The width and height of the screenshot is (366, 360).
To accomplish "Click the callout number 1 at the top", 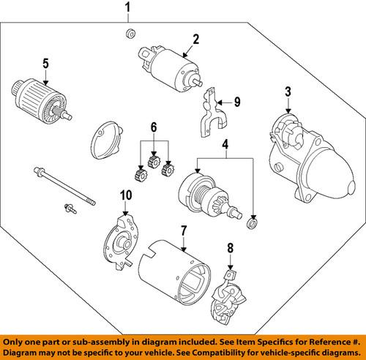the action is [x=128, y=7].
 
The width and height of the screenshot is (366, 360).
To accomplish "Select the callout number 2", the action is [x=196, y=40].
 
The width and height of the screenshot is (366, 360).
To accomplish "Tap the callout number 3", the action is [x=288, y=91].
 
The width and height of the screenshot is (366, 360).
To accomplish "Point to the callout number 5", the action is [x=45, y=64].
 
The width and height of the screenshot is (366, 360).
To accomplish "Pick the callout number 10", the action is [x=126, y=195].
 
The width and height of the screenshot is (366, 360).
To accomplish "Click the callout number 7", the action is [x=184, y=230].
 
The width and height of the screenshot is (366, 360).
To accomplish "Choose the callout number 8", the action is [x=231, y=248].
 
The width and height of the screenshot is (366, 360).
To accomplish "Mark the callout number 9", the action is [x=237, y=102].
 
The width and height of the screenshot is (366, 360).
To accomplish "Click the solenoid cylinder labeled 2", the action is [x=170, y=69].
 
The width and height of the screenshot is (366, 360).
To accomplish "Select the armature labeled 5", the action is [x=42, y=101].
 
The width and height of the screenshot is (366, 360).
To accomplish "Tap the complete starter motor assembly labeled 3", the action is [x=311, y=158].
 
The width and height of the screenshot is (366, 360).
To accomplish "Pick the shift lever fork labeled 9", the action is [x=212, y=114].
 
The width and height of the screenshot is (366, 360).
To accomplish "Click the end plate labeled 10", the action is [x=122, y=243].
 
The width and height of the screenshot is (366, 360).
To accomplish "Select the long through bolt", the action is [x=64, y=186].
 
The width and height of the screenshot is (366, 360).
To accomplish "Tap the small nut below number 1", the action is [x=131, y=34].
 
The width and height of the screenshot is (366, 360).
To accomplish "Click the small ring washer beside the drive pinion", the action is [x=253, y=224].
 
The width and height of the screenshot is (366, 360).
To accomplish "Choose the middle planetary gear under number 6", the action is [x=154, y=161].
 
